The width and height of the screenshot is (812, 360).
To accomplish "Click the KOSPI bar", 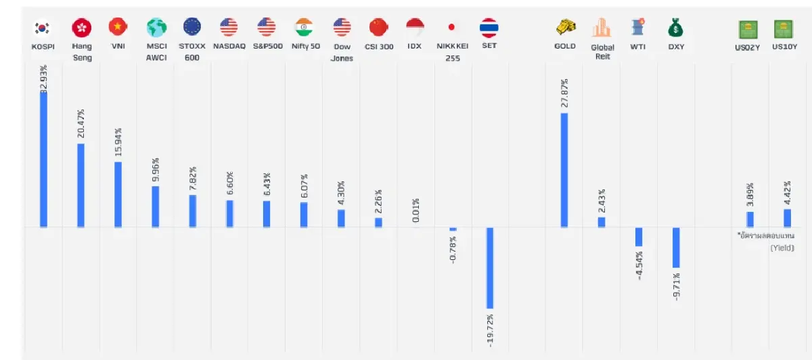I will (x=44, y=159).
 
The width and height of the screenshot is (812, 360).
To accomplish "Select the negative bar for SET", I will (x=490, y=268).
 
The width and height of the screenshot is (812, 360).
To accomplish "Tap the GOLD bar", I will (x=564, y=170).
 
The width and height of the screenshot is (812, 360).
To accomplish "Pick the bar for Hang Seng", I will (x=81, y=185).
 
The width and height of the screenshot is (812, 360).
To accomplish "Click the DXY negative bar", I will (x=676, y=248).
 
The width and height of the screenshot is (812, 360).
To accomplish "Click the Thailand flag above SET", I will (x=489, y=28).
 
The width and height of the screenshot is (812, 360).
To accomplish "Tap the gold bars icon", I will (x=564, y=27).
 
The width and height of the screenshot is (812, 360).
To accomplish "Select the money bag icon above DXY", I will (x=675, y=28).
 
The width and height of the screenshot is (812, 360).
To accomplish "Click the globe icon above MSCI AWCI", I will (x=156, y=28).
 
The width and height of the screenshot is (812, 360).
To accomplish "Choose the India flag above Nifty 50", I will (x=304, y=28).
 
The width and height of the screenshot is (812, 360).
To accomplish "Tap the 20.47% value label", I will (x=81, y=122).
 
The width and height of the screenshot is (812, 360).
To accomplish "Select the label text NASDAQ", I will (x=229, y=47).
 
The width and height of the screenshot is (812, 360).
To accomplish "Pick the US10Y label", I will (x=785, y=47).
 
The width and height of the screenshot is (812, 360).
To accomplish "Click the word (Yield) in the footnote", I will (x=782, y=248).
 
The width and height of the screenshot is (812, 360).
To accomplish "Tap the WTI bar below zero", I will (x=639, y=237).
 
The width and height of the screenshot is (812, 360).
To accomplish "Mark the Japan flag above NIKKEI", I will (x=452, y=28).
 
